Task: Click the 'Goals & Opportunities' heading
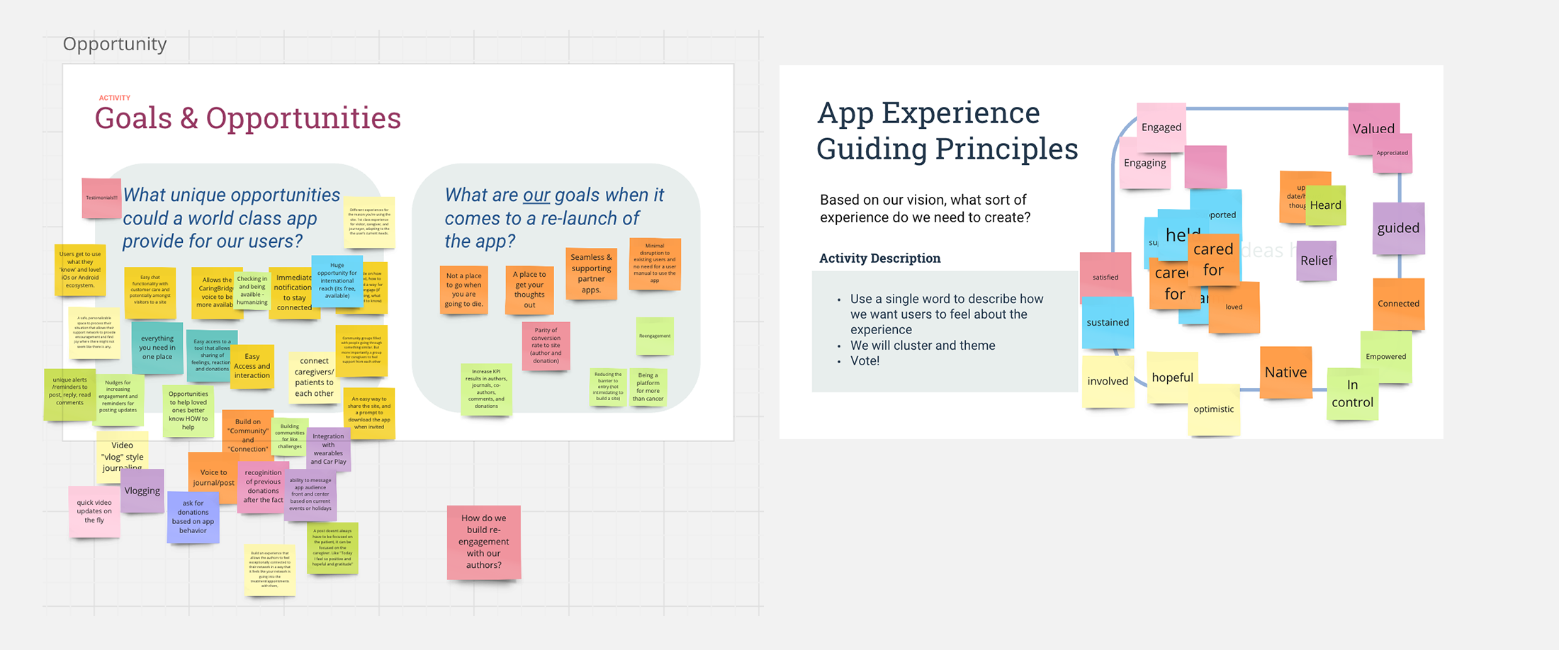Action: tap(247, 118)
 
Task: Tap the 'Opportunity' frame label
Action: tap(115, 44)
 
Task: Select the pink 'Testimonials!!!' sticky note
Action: tap(101, 198)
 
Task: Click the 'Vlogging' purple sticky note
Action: tap(142, 491)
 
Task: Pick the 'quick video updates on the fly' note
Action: tap(94, 511)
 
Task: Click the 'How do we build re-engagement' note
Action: tap(483, 542)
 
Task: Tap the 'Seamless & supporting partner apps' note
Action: tap(591, 273)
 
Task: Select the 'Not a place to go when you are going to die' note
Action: tap(463, 290)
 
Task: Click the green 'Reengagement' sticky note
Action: tap(654, 336)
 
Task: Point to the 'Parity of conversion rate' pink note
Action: tap(546, 346)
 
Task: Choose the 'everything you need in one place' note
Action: tap(157, 348)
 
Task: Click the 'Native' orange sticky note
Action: tap(1285, 372)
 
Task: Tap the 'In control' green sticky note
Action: tap(1352, 394)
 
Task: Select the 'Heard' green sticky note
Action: tap(1325, 205)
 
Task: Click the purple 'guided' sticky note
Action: tap(1398, 228)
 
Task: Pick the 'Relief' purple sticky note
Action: tap(1316, 261)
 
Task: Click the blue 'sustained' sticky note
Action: tap(1108, 323)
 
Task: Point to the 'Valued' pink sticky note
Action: tap(1373, 127)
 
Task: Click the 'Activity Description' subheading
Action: tap(879, 258)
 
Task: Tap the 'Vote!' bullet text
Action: tap(865, 361)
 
